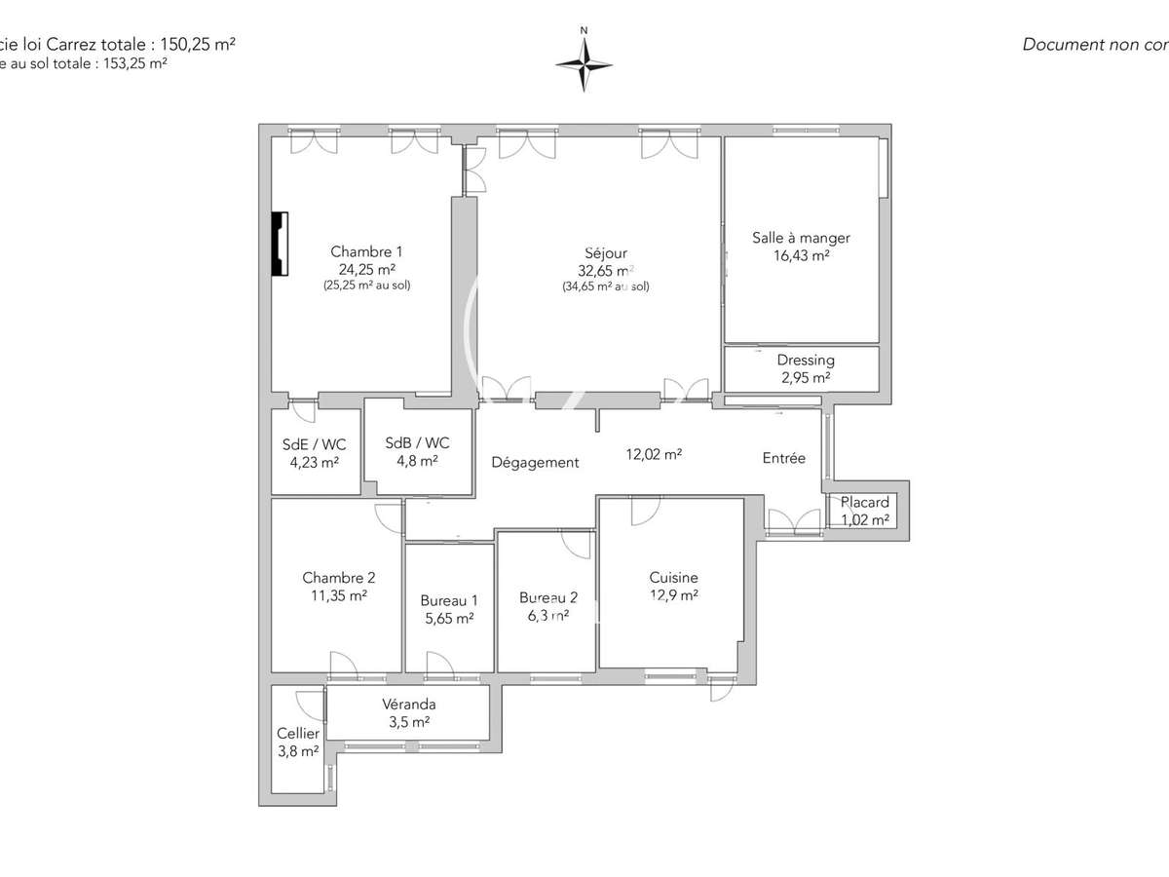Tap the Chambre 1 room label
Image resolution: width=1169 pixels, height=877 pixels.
(365, 251)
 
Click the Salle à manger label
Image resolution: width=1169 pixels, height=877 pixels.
(801, 238)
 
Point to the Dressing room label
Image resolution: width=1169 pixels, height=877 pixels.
(805, 361)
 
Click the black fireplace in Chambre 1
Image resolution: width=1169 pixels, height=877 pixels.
(280, 245)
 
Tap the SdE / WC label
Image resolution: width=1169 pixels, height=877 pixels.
(314, 444)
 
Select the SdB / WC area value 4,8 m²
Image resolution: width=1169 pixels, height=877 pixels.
(417, 462)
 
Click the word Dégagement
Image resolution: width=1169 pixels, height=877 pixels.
(535, 463)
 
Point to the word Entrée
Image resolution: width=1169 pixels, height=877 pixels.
(783, 458)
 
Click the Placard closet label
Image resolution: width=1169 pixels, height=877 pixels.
(865, 503)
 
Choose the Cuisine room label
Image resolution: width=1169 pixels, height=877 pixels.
(673, 578)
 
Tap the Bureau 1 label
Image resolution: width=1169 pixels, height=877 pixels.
(448, 600)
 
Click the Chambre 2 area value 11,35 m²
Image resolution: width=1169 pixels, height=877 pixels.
(338, 595)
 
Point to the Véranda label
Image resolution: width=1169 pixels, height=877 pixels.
(408, 705)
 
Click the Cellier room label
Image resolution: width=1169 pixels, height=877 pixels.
(297, 734)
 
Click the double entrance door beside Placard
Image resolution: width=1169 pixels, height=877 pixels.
(794, 522)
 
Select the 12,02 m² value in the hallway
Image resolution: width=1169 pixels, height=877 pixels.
(652, 453)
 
